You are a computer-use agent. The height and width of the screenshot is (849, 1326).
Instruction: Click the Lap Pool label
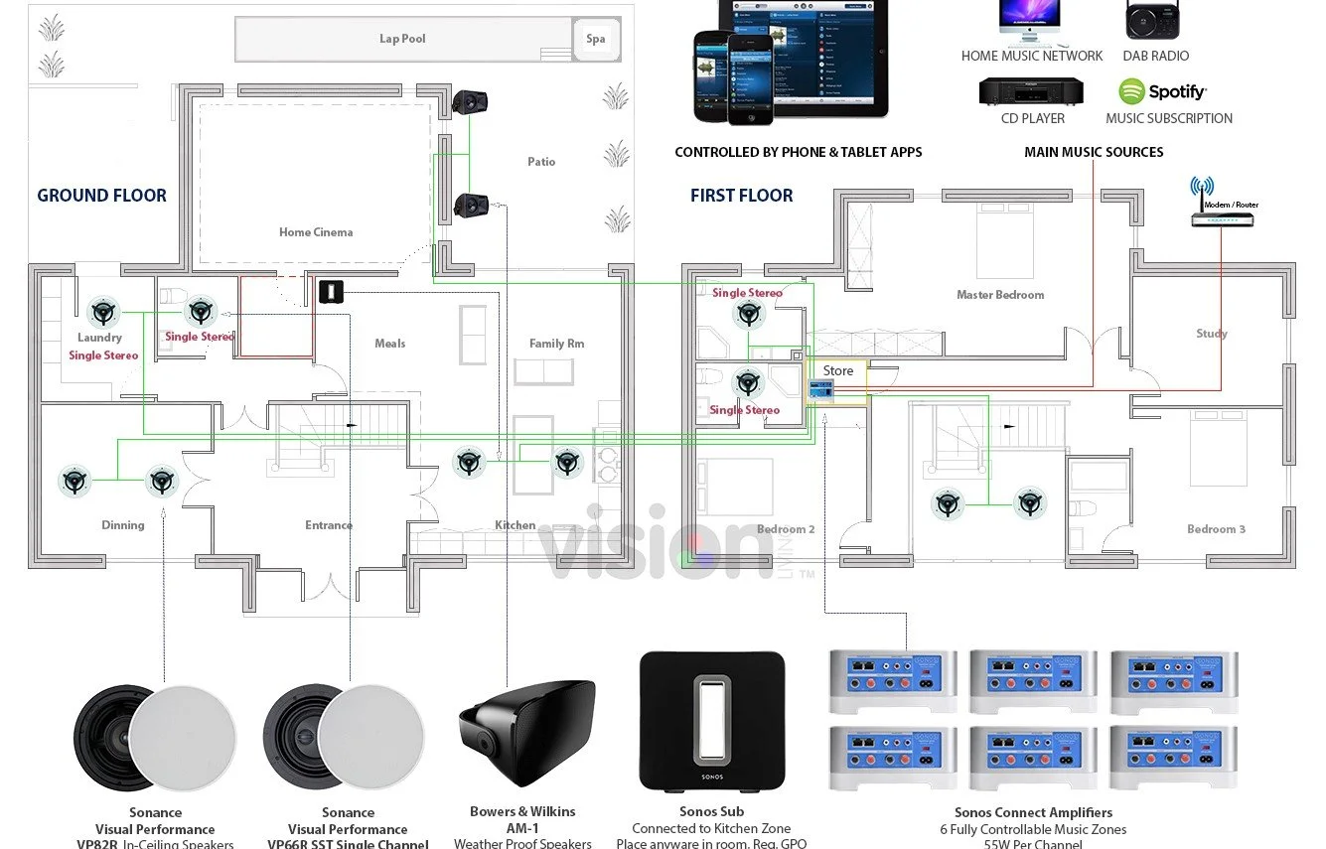point(402,39)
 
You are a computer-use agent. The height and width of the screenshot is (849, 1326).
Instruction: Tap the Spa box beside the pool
point(595,39)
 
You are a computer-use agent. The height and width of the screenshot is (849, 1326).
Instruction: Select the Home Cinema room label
point(316,232)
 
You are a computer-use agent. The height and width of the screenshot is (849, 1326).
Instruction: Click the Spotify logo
point(1162,92)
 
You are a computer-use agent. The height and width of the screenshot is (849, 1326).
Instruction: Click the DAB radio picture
point(1155,20)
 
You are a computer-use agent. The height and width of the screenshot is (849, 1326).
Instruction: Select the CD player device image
point(1031,91)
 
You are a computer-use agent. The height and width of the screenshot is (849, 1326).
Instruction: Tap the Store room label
point(838,370)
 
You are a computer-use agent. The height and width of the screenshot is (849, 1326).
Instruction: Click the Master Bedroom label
point(1000,295)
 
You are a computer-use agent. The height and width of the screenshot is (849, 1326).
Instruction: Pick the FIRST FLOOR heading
point(742,196)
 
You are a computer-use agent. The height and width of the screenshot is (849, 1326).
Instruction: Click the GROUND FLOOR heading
point(101,196)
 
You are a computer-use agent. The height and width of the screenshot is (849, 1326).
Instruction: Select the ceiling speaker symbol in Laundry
point(103,314)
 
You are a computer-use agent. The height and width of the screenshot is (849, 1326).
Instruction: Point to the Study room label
point(1212,334)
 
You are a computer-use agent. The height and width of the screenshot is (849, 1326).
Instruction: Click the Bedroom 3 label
point(1216,529)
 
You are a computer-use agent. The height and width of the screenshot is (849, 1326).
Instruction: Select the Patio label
point(541,162)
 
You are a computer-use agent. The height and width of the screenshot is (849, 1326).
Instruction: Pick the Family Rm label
point(556,344)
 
